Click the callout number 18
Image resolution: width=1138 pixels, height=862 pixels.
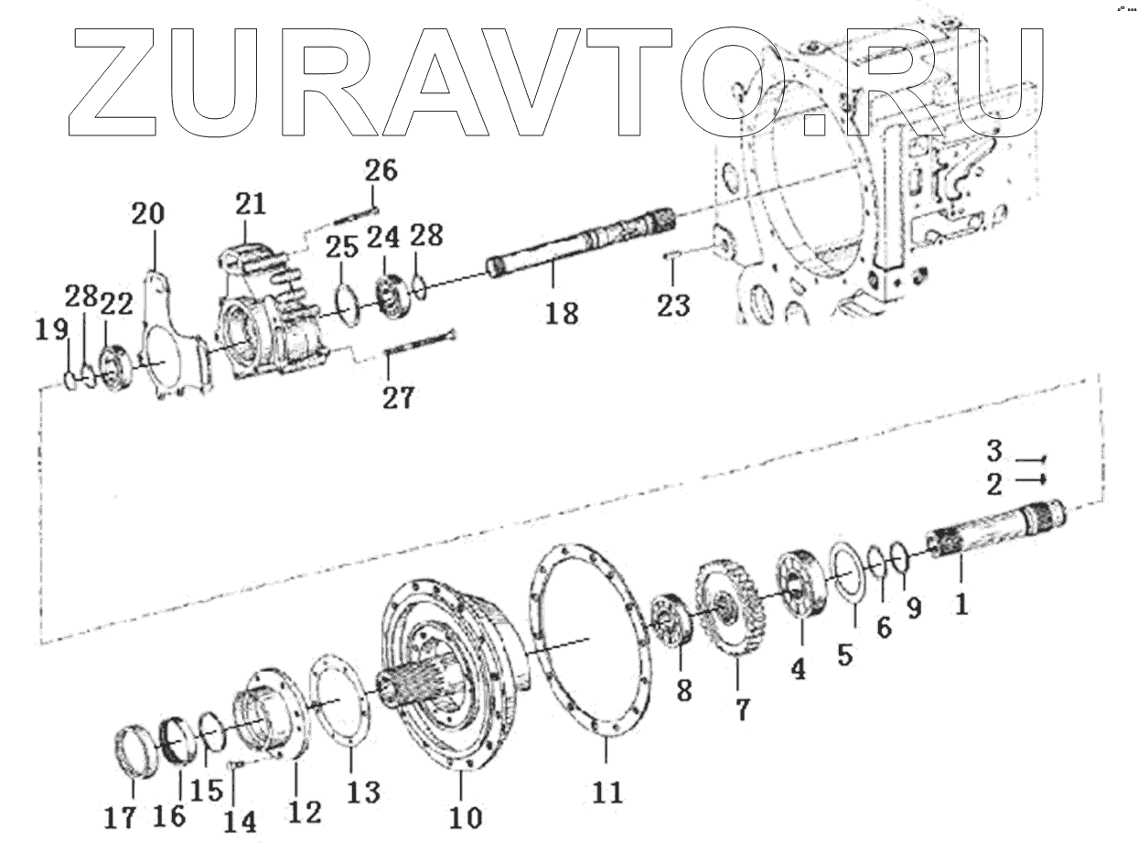[x=563, y=314]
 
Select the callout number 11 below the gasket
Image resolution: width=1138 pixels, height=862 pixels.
[x=607, y=791]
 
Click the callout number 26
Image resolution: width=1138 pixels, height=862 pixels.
[x=381, y=169]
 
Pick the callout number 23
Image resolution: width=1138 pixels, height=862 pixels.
[x=673, y=305]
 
